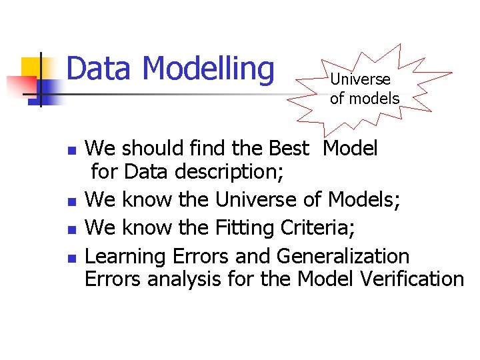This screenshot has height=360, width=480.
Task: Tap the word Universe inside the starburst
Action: (x=360, y=79)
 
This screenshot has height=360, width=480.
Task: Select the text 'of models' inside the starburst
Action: (x=365, y=99)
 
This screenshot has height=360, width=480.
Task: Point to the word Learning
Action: (x=126, y=256)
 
